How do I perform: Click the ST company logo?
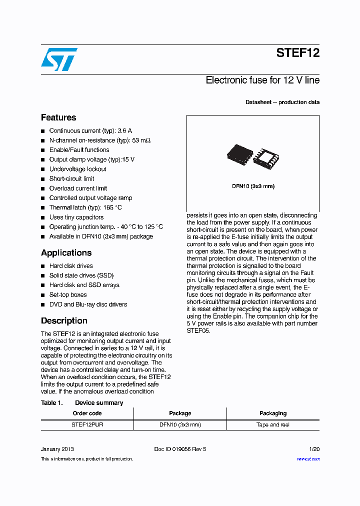[x=59, y=59]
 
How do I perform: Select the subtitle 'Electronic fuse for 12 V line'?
[x=262, y=80]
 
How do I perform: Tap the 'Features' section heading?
[x=58, y=117]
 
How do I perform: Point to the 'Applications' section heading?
[x=66, y=252]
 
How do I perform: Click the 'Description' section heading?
[x=64, y=320]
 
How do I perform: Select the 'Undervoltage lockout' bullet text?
[x=77, y=169]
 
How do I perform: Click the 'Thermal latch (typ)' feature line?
[x=85, y=207]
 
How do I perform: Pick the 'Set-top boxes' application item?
[x=68, y=294]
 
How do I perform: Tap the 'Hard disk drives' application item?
[x=71, y=266]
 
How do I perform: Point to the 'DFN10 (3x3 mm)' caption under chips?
[x=252, y=186]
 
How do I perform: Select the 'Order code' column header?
[x=87, y=413]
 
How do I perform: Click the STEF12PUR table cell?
[x=87, y=424]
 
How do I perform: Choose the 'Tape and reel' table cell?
[x=273, y=424]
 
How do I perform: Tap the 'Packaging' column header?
[x=273, y=413]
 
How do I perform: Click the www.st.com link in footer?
[x=308, y=458]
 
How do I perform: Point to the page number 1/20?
[x=314, y=449]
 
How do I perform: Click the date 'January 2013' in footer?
[x=57, y=449]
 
